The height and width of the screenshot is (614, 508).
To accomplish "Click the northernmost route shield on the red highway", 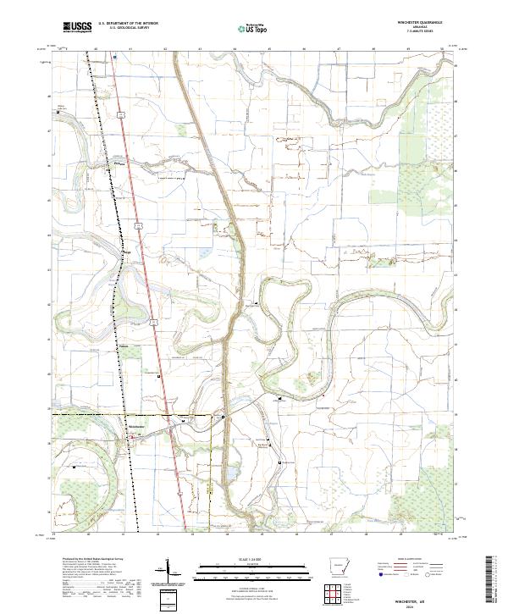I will [x=122, y=113].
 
